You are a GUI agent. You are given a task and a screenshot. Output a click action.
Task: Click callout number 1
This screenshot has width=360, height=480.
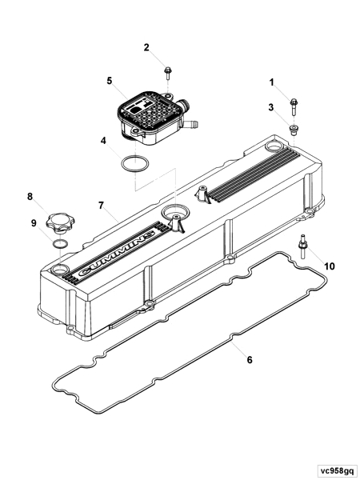271,82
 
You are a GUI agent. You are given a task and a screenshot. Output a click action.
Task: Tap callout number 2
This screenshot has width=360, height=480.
146,48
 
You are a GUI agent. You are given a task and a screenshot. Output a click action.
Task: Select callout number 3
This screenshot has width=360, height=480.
271,107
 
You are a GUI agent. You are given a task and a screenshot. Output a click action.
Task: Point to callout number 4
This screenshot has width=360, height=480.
103,142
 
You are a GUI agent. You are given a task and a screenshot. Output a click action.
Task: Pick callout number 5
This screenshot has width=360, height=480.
110,81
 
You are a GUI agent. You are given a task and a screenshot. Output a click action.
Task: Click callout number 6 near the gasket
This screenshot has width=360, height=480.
249,360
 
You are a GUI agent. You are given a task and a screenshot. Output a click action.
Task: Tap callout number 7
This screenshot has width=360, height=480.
102,206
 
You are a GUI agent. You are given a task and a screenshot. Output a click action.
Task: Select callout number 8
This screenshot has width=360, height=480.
30,196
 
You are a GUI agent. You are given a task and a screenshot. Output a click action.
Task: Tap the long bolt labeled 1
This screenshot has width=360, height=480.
295,103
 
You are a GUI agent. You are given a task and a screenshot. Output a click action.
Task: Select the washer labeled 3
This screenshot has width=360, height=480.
295,128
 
